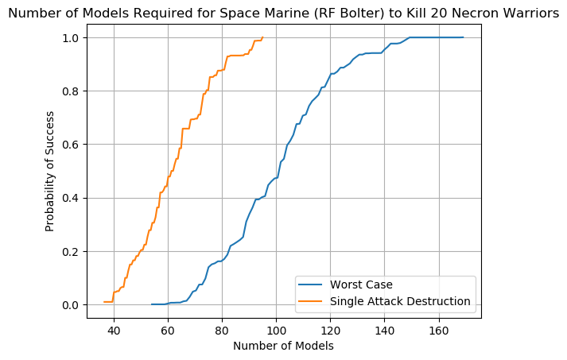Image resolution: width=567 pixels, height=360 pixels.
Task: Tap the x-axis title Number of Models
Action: pyautogui.click(x=283, y=346)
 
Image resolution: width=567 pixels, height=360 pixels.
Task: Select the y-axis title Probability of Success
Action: pyautogui.click(x=50, y=172)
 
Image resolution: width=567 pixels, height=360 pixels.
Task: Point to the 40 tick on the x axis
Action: pyautogui.click(x=114, y=329)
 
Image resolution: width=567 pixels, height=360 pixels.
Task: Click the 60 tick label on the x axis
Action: pyautogui.click(x=168, y=329)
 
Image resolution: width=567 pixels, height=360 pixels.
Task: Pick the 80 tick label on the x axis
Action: pyautogui.click(x=222, y=329)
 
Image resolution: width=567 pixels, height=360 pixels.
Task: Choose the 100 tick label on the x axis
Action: pyautogui.click(x=276, y=329)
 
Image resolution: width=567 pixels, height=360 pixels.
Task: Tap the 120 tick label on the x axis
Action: pyautogui.click(x=330, y=329)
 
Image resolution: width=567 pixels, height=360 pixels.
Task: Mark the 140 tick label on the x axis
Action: pyautogui.click(x=384, y=329)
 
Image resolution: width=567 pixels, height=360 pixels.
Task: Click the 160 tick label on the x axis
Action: pyautogui.click(x=438, y=329)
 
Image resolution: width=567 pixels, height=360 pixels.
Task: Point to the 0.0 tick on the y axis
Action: pyautogui.click(x=72, y=305)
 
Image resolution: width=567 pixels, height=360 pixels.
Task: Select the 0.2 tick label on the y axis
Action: pyautogui.click(x=72, y=252)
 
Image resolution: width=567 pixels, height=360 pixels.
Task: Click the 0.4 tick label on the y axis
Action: pyautogui.click(x=72, y=198)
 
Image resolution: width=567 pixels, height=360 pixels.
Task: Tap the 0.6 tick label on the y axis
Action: pyautogui.click(x=72, y=145)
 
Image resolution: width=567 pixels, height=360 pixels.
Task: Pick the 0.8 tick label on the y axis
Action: pyautogui.click(x=72, y=91)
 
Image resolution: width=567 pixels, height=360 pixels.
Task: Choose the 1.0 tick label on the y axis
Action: pyautogui.click(x=72, y=38)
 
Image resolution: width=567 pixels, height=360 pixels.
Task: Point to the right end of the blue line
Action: pyautogui.click(x=463, y=37)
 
